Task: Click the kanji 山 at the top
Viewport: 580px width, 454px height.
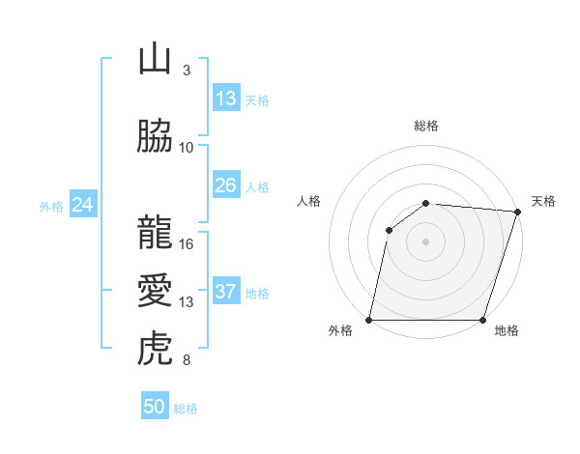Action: point(155,60)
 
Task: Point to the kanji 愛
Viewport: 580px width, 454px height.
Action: point(155,291)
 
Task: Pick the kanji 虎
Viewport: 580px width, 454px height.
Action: point(155,348)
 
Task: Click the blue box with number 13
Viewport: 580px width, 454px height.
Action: point(225,99)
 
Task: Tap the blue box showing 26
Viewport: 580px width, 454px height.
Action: point(225,185)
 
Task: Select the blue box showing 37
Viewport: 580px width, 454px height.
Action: point(225,292)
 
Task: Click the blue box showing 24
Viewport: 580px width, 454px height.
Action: point(82,205)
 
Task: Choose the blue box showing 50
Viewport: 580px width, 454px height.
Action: point(155,407)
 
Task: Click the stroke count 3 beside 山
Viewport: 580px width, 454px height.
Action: point(187,70)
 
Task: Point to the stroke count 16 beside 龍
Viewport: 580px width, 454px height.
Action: point(187,243)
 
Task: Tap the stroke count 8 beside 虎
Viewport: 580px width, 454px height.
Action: point(187,360)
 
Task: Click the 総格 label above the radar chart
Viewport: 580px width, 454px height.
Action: point(426,126)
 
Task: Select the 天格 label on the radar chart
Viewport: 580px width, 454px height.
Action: point(543,201)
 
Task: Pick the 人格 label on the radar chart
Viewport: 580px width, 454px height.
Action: point(309,201)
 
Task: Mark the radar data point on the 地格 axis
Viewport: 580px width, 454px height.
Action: point(483,320)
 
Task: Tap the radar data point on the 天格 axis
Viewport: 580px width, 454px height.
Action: point(518,212)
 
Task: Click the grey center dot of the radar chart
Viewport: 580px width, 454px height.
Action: point(426,241)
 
